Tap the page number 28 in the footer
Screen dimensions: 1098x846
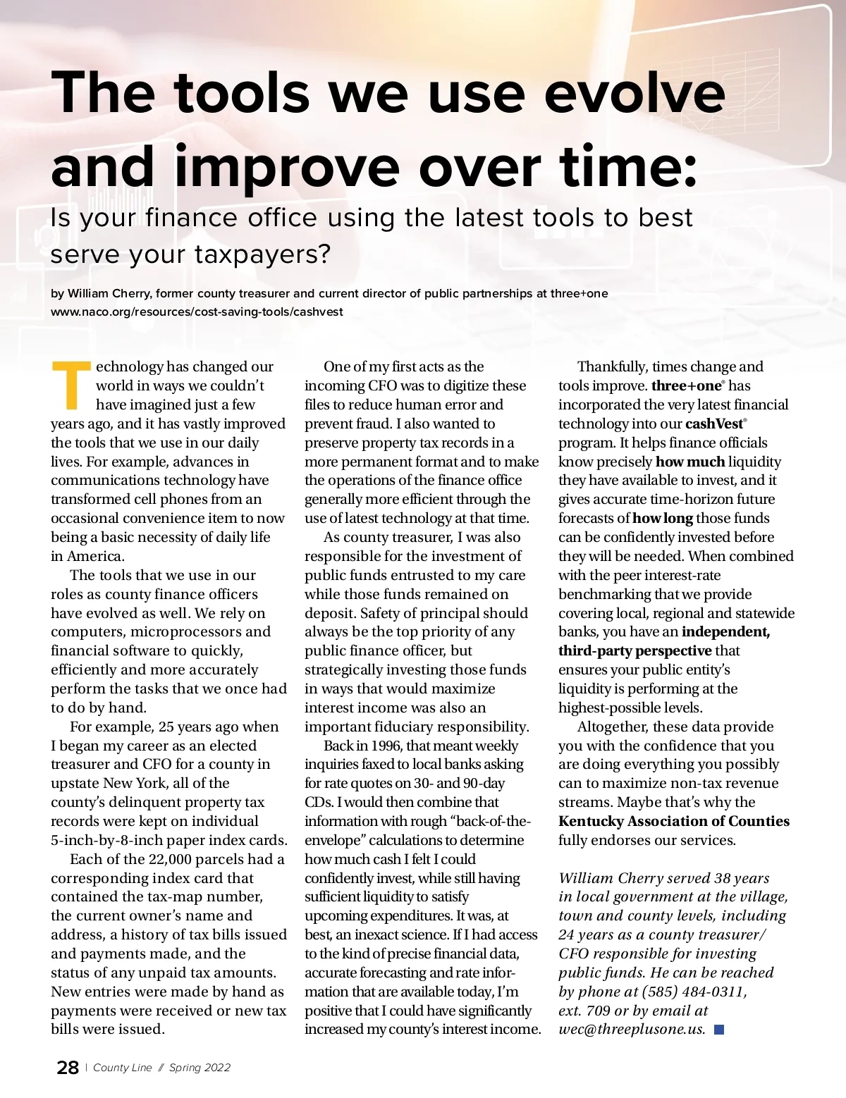68,1068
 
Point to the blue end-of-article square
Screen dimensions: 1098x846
719,1030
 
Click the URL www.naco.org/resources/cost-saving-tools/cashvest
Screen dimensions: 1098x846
197,311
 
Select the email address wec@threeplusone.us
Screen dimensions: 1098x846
632,1029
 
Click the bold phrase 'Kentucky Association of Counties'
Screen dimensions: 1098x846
673,821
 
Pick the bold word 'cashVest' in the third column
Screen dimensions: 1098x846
714,424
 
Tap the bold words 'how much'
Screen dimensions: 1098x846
689,462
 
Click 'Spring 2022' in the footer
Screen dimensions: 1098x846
200,1068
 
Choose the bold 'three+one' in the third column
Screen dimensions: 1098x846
686,385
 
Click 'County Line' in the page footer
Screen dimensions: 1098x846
123,1068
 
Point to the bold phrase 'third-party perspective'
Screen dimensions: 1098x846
634,650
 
